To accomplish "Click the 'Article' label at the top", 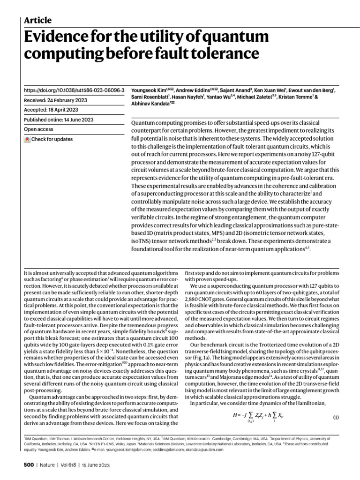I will [37, 20].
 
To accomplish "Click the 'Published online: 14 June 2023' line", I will [58, 120].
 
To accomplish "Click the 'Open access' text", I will [39, 129].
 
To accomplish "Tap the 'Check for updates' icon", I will [27, 140].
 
